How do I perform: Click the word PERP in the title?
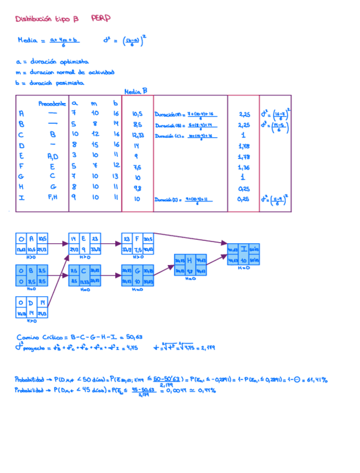101,18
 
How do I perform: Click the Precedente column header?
52,103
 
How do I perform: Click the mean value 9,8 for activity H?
138,188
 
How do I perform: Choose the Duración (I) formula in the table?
186,199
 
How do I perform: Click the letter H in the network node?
189,260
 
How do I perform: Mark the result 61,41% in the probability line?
316,380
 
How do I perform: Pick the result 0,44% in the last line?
205,390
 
